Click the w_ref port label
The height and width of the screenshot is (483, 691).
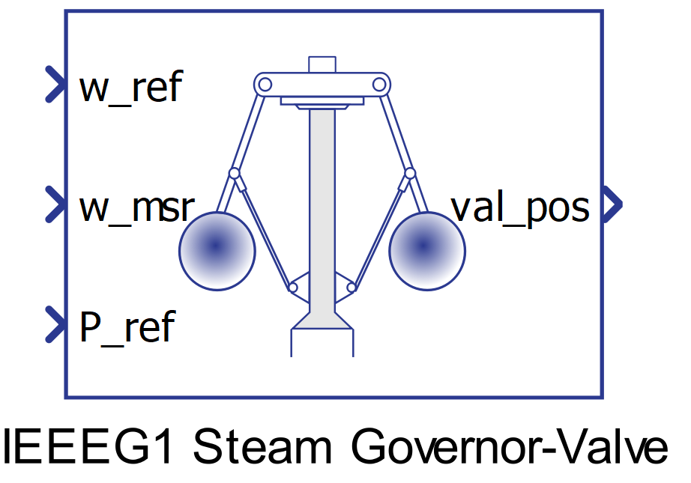(130, 88)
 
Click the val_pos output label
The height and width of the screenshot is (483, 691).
(519, 207)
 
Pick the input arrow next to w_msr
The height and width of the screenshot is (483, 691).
(55, 204)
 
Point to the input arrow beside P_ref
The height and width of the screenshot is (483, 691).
(55, 324)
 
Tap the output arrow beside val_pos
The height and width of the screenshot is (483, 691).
(613, 204)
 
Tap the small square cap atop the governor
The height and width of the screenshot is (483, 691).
(322, 64)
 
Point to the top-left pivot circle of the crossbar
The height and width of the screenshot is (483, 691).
(263, 83)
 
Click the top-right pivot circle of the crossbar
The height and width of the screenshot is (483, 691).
(380, 83)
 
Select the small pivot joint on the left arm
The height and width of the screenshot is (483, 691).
(234, 174)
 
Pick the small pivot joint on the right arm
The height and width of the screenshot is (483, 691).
(410, 174)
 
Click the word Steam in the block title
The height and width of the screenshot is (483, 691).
(262, 448)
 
